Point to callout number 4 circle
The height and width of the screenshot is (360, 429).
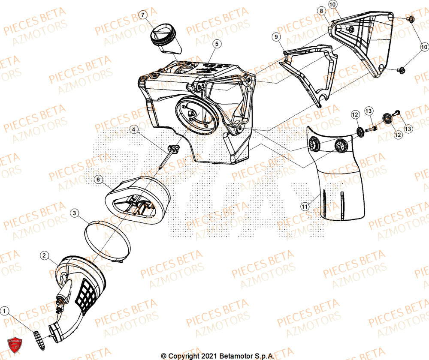tap(134, 129)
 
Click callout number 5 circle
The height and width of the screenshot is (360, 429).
tap(217, 44)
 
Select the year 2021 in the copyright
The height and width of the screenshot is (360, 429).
tap(208, 356)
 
